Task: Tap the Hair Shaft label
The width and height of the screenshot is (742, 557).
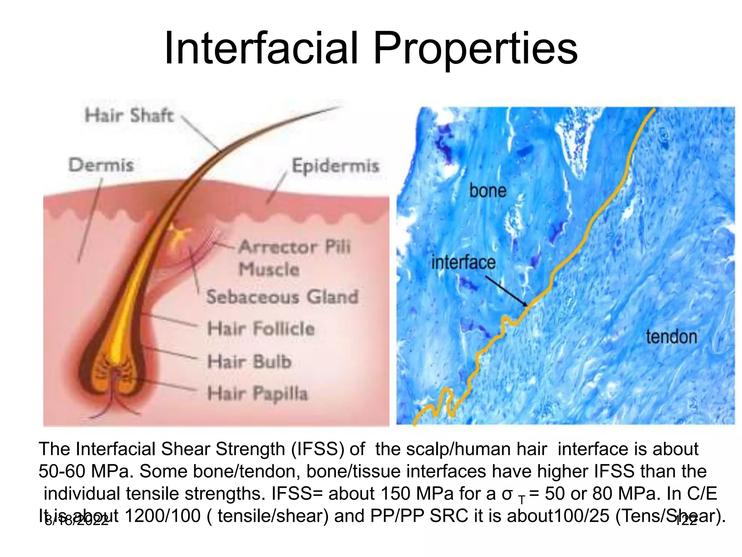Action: [x=129, y=116]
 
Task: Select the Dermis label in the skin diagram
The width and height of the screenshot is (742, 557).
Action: [x=101, y=165]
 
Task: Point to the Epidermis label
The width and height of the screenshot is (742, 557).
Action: [x=335, y=166]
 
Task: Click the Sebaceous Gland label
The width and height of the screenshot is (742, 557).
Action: [x=282, y=297]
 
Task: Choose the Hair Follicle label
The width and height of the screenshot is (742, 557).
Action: [x=261, y=329]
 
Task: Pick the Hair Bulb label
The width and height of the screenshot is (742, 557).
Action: [x=249, y=362]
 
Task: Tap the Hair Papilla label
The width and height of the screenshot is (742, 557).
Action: [x=258, y=394]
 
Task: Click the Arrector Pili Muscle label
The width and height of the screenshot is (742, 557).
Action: [x=294, y=258]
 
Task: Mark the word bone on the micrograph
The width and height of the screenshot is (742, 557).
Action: [x=488, y=191]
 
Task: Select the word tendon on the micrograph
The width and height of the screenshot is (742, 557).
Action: [x=671, y=337]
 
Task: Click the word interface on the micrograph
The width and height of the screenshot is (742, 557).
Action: [x=463, y=263]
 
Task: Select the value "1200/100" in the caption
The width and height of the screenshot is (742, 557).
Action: [x=162, y=516]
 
